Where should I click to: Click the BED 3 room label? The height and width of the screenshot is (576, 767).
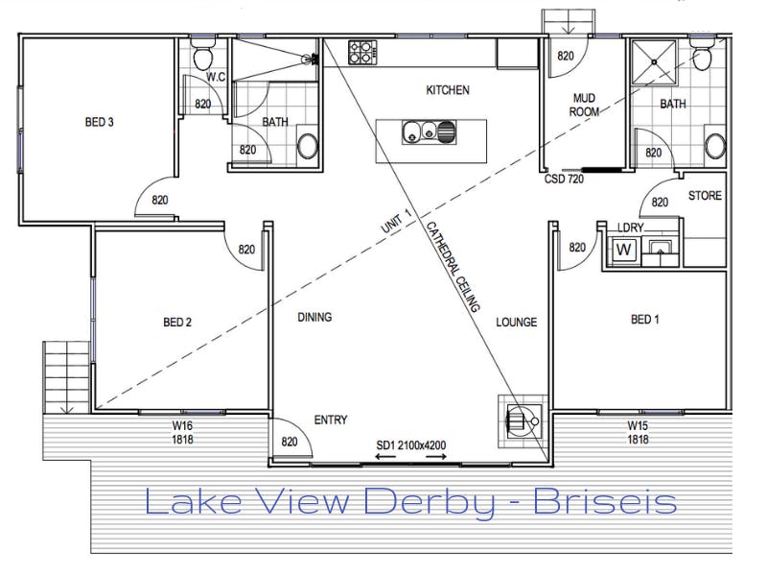tap(100, 122)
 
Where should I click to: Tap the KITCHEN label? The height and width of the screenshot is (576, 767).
tap(448, 90)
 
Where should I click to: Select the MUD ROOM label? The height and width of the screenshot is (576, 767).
tap(584, 105)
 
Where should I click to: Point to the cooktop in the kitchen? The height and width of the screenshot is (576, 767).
tap(362, 53)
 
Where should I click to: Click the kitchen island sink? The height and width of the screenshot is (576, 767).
tap(429, 132)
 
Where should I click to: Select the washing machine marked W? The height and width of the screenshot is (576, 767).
tap(624, 250)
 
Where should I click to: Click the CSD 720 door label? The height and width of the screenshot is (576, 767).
tap(564, 180)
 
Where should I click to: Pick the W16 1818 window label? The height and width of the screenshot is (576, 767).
tap(182, 433)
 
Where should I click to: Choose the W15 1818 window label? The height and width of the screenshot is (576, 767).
tap(638, 433)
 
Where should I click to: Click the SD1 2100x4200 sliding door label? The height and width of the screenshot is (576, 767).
tap(411, 445)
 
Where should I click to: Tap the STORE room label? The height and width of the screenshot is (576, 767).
tap(705, 196)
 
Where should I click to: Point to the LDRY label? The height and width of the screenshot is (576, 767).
tap(631, 228)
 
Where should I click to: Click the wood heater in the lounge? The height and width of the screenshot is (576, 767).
tap(523, 420)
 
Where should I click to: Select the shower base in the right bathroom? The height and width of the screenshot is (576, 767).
tap(654, 62)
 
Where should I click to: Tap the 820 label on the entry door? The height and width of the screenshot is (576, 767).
tap(290, 442)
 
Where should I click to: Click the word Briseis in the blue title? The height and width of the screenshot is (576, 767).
tap(605, 501)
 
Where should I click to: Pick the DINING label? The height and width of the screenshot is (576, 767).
tap(314, 318)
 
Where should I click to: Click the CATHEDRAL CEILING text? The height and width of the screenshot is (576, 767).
tap(453, 267)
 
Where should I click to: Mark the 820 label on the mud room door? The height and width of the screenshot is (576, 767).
tap(566, 56)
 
